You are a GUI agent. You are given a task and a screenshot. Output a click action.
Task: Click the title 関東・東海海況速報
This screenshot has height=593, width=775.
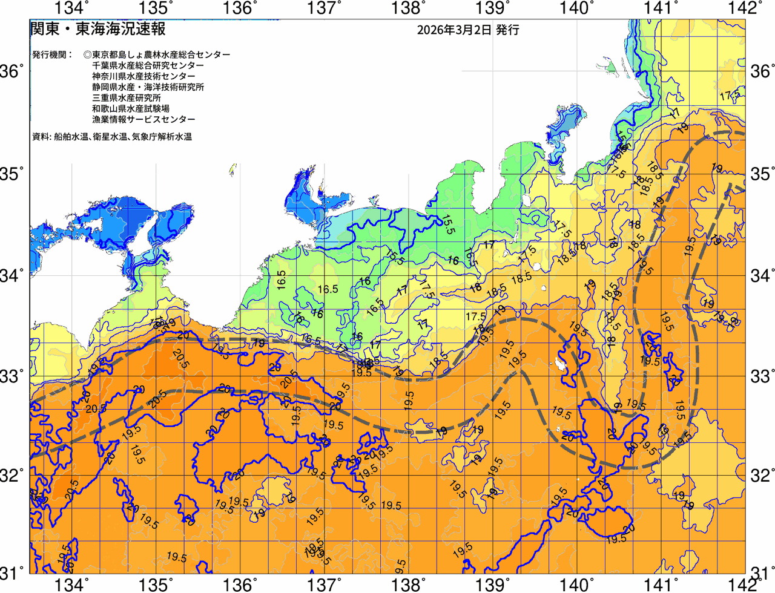point(98,28)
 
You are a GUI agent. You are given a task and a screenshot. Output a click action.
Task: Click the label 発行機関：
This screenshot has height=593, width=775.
point(52,54)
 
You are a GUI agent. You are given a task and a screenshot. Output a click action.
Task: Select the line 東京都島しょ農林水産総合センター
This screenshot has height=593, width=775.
point(161,54)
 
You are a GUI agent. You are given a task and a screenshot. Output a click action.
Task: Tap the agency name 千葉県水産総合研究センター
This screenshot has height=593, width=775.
point(148,65)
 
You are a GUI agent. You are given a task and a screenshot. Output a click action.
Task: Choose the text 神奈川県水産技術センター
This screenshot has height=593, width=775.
point(143,76)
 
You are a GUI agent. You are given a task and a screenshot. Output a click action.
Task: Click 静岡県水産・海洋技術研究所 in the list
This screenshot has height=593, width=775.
point(148,87)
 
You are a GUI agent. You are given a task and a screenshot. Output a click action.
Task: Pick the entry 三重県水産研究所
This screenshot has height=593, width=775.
point(127,98)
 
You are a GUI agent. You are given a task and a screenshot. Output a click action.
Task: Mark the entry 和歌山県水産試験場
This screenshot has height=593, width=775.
point(131,109)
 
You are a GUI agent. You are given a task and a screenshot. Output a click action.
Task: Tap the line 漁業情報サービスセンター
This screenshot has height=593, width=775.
point(143,120)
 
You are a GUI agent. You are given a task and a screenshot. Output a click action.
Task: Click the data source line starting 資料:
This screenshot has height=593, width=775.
point(112,137)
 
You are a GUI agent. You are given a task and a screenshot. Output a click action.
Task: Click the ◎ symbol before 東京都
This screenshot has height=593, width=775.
point(88,54)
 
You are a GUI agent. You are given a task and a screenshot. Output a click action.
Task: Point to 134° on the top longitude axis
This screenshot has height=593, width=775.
point(72,8)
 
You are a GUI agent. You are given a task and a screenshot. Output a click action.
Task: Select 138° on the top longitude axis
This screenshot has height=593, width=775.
point(407,8)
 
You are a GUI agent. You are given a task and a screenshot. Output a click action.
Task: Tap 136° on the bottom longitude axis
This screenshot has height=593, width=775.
point(239,585)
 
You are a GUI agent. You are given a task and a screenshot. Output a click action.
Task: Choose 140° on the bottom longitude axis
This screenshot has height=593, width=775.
point(575,585)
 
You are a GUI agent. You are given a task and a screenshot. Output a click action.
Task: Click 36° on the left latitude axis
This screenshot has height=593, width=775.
point(13,71)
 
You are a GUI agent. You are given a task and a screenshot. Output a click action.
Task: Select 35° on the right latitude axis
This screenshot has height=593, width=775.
point(762,174)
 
